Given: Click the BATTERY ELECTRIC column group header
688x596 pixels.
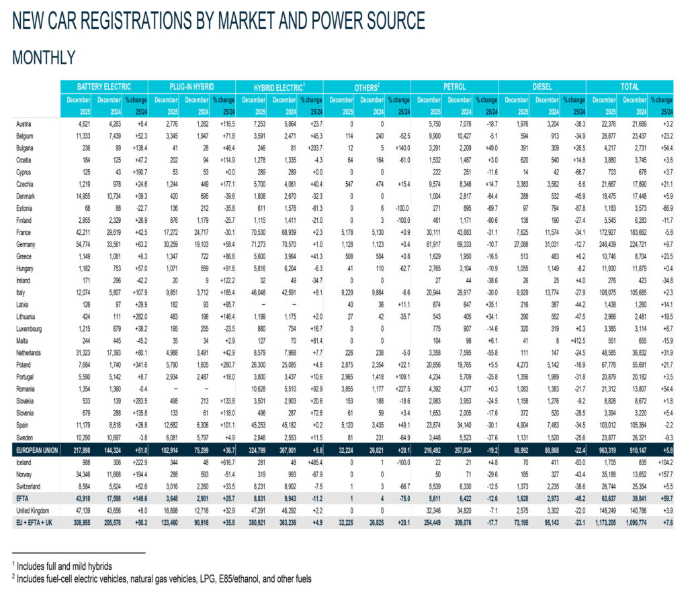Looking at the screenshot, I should click(103, 87).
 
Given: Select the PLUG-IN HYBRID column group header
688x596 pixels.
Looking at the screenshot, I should click(191, 87).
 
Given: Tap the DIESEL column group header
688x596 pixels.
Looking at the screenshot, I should click(542, 87).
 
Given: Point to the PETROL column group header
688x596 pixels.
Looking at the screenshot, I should click(454, 87).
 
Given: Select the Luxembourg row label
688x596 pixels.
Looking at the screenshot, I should click(31, 330).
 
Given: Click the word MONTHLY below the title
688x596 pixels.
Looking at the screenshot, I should click(44, 58).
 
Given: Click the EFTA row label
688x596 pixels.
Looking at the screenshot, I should click(22, 497).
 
